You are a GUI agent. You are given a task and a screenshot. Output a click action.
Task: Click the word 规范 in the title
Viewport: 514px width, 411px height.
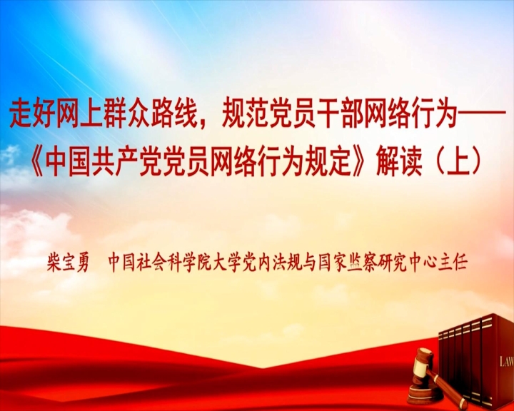pyautogui.click(x=245, y=116)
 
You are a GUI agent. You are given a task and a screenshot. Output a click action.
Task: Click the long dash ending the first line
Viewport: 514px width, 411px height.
pyautogui.click(x=480, y=116)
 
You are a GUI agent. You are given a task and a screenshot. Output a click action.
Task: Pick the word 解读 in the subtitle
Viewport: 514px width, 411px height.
pyautogui.click(x=399, y=163)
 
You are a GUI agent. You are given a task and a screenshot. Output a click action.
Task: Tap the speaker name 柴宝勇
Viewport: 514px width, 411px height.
pyautogui.click(x=68, y=262)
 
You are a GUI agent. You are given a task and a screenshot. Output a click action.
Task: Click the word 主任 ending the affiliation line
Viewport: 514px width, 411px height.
pyautogui.click(x=453, y=262)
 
